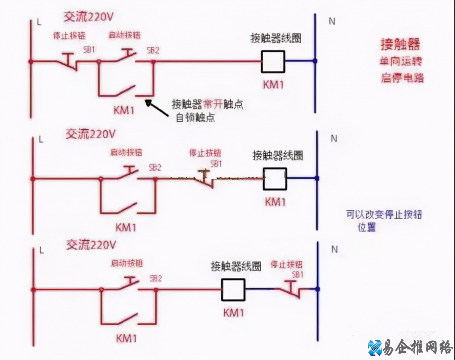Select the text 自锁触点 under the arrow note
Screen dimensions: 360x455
point(195,117)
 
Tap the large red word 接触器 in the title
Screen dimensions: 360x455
point(400,44)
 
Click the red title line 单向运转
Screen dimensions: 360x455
point(402,61)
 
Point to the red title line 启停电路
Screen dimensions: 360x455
point(402,78)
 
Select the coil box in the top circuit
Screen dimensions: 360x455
point(273,61)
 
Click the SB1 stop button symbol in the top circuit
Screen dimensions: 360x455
point(68,61)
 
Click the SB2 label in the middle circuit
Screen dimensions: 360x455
point(155,167)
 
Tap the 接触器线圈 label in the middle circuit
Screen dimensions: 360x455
point(278,156)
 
